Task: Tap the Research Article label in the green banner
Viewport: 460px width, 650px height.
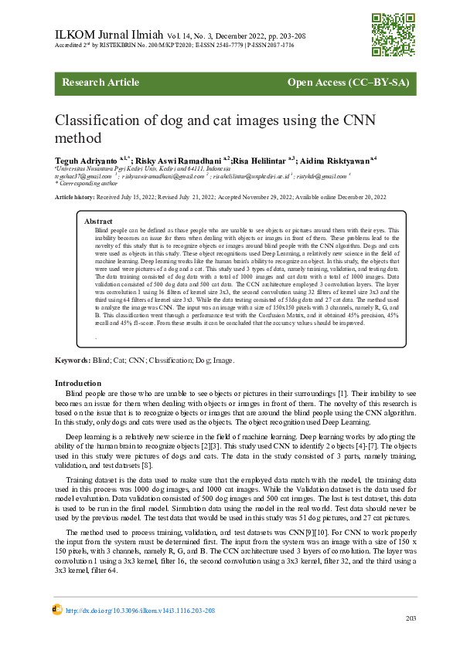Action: pyautogui.click(x=95, y=82)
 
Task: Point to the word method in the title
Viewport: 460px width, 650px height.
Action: pyautogui.click(x=77, y=139)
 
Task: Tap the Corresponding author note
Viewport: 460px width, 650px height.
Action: pyautogui.click(x=87, y=183)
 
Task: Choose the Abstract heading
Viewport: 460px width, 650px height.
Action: pyautogui.click(x=98, y=222)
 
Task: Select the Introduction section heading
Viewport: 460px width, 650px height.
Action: pyautogui.click(x=77, y=383)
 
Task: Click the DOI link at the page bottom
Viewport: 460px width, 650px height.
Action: pyautogui.click(x=140, y=611)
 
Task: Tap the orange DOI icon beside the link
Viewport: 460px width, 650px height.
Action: pyautogui.click(x=57, y=610)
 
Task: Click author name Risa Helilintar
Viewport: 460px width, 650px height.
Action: pyautogui.click(x=260, y=159)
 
